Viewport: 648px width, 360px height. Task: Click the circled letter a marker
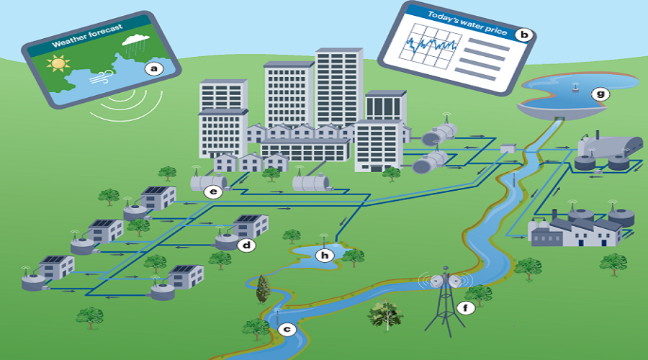tap(152, 69)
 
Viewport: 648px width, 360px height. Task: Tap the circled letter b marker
tap(525, 33)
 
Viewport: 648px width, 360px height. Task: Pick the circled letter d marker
tap(246, 246)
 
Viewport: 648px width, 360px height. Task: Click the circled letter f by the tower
tap(465, 309)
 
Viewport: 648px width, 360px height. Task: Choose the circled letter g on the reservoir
tap(598, 94)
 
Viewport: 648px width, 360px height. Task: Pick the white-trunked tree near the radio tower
tap(385, 314)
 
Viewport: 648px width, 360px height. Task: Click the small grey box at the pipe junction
tap(508, 148)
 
